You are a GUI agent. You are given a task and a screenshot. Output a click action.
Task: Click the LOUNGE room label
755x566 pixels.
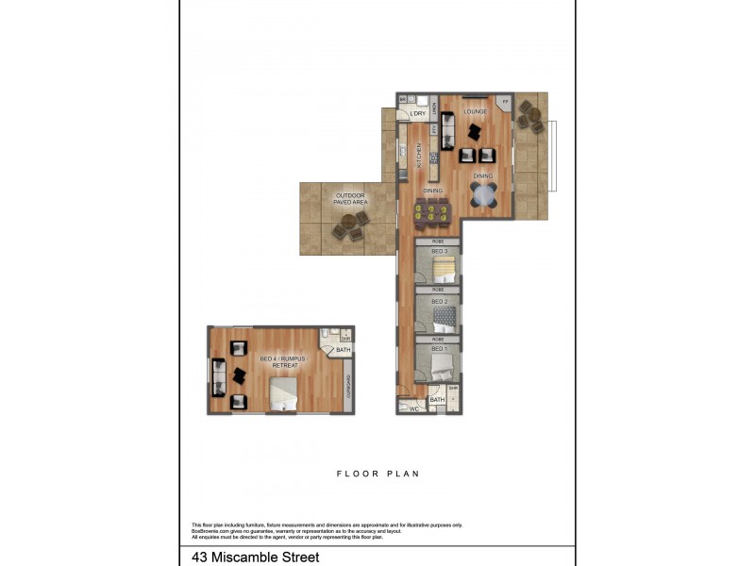click(x=474, y=111)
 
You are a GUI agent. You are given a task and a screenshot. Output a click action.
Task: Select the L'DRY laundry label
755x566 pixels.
click(x=417, y=114)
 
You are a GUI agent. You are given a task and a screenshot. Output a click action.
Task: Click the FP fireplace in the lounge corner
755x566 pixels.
click(x=505, y=102)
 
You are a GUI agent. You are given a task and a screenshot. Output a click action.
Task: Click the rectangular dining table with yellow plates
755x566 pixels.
click(x=433, y=213)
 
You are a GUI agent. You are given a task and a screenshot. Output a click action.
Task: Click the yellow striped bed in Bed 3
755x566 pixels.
click(x=444, y=273)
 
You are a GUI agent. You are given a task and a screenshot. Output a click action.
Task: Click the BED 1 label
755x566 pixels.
click(x=438, y=349)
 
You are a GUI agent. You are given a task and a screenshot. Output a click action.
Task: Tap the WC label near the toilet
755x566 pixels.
click(x=413, y=408)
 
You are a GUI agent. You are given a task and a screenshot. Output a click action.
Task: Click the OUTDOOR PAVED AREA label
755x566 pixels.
click(x=350, y=198)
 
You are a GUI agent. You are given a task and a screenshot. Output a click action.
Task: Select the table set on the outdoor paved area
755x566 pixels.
click(x=349, y=225)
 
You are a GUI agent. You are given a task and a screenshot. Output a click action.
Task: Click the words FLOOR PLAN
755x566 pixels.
click(x=377, y=474)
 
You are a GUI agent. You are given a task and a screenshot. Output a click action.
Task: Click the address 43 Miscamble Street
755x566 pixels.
click(x=255, y=557)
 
